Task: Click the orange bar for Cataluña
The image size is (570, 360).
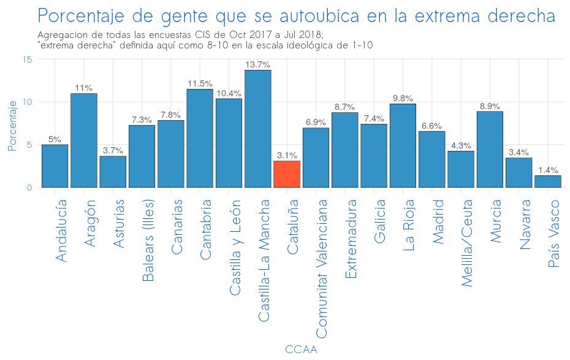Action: click(286, 174)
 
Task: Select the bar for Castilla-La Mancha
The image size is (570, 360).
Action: click(257, 129)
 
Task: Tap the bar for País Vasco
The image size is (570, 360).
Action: click(547, 182)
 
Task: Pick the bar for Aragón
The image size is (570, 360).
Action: click(83, 140)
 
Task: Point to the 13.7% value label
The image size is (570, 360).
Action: click(257, 64)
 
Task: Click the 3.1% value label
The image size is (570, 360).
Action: click(286, 155)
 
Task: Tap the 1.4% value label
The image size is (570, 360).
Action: click(547, 170)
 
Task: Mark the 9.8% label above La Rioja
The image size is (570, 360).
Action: click(403, 98)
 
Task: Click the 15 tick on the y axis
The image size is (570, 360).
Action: click(28, 59)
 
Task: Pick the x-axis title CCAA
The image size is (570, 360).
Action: click(301, 349)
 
